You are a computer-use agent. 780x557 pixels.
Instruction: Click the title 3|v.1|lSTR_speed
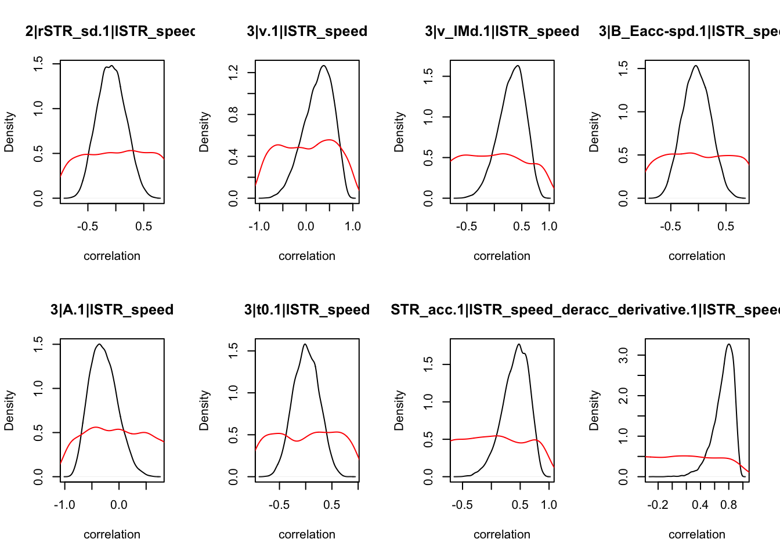coord(307,31)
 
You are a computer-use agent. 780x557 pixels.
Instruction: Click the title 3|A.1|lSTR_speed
coord(112,310)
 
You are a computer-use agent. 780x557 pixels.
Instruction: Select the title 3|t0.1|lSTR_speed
coord(307,310)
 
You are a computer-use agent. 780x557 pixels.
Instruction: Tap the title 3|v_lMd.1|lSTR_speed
coord(502,31)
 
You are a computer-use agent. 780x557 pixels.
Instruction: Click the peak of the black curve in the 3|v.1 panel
coord(323,66)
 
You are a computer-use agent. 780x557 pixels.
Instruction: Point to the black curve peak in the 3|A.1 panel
coord(100,344)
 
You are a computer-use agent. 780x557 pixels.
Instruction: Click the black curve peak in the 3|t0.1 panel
coord(305,344)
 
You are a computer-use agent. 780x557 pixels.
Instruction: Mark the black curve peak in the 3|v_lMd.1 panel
coord(518,66)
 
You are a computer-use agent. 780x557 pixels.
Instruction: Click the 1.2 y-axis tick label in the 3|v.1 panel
coord(233,73)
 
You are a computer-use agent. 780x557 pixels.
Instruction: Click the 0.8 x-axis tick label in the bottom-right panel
coord(729,505)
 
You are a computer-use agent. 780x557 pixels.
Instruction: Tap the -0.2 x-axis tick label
coord(658,505)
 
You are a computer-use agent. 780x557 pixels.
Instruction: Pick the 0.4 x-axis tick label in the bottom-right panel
coord(700,505)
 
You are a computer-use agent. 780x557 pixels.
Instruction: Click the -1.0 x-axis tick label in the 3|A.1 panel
coord(64,505)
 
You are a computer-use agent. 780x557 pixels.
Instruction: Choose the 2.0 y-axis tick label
coord(623,396)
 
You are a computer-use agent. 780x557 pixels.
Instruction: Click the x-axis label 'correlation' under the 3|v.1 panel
coord(307,256)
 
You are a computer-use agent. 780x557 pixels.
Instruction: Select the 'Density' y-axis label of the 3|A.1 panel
coord(9,410)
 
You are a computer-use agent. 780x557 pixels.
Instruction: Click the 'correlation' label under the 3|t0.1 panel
coord(307,534)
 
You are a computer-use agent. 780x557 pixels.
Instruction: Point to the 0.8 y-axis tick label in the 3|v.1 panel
coord(233,114)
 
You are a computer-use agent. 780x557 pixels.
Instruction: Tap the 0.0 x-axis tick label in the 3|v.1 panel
coord(306,226)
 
